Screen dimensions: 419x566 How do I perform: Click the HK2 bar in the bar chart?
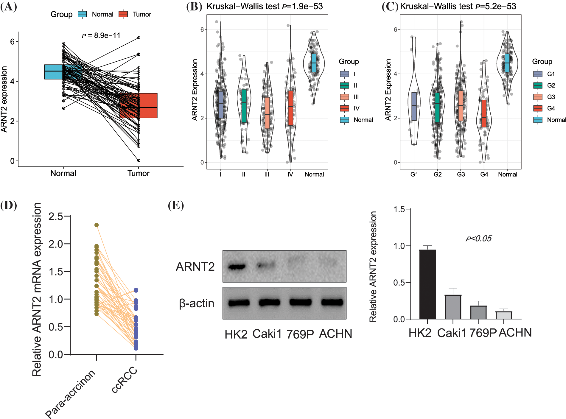tap(427, 284)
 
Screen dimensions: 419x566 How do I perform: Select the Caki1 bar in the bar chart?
tap(453, 307)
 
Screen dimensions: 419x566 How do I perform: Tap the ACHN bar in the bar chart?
tap(503, 315)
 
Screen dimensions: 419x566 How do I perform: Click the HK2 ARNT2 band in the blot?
tap(237, 267)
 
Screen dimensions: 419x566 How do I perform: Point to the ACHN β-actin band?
tap(332, 303)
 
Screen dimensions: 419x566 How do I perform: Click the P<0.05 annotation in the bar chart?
tap(478, 239)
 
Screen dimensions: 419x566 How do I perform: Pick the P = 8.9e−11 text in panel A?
tap(101, 36)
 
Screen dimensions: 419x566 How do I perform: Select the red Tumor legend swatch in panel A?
tap(123, 14)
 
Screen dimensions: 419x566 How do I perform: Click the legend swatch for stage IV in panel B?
tap(344, 108)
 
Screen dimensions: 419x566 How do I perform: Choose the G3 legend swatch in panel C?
tap(538, 97)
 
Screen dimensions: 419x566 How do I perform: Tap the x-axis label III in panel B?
tap(267, 175)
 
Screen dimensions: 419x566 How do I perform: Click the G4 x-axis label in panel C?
tap(484, 175)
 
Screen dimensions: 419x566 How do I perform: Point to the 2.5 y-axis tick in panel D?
tap(56, 216)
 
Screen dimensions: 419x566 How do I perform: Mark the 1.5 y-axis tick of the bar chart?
tap(399, 209)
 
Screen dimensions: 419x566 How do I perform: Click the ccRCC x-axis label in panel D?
tap(125, 380)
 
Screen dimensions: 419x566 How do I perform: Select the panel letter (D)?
tap(9, 205)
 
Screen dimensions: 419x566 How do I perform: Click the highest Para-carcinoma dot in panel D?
tap(97, 225)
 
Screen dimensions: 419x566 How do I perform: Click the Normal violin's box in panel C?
tap(507, 63)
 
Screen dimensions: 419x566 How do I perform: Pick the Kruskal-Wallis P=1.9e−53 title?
tap(265, 6)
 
